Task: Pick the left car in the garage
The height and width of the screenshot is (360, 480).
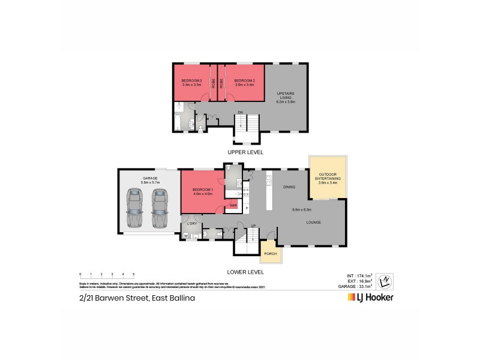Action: (135, 209)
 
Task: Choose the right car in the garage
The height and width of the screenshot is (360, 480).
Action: (158, 209)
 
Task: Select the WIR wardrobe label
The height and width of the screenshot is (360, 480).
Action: (233, 206)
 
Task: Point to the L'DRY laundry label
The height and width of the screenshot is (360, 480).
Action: (192, 224)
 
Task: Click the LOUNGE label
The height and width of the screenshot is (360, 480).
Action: (313, 223)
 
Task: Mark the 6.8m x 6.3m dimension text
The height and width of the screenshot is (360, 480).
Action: (302, 209)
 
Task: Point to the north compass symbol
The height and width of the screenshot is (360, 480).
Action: (387, 280)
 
